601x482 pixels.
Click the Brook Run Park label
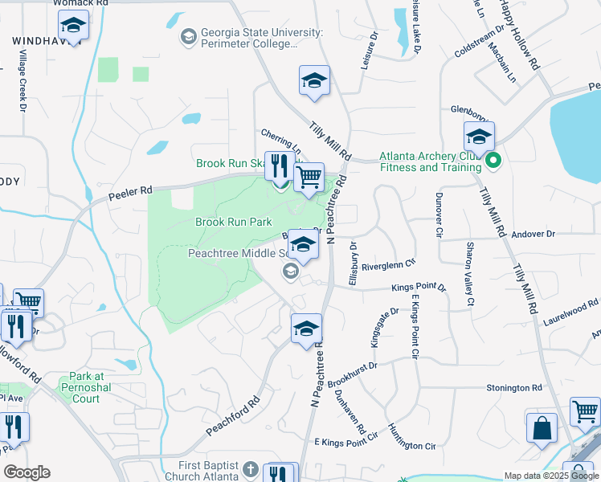pyautogui.click(x=234, y=222)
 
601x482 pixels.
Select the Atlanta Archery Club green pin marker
pyautogui.click(x=493, y=162)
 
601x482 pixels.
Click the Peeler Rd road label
pyautogui.click(x=129, y=191)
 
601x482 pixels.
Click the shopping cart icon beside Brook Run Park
pyautogui.click(x=309, y=178)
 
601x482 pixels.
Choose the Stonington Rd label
pyautogui.click(x=514, y=388)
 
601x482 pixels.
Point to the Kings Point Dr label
pyautogui.click(x=418, y=288)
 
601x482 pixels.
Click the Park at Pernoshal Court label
pyautogui.click(x=96, y=387)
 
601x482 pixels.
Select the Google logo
pyautogui.click(x=27, y=472)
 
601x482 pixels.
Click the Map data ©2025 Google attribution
pyautogui.click(x=550, y=476)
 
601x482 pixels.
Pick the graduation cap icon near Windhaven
pyautogui.click(x=74, y=28)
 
